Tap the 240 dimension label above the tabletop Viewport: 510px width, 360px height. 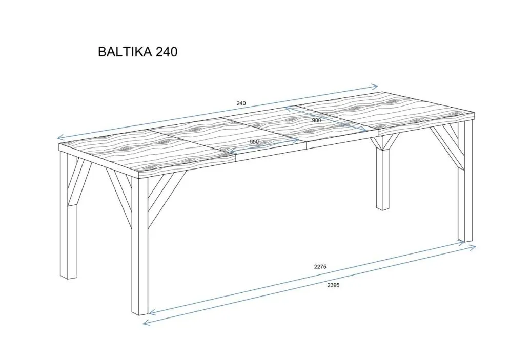pyautogui.click(x=241, y=103)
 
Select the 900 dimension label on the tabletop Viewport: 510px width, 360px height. pyautogui.click(x=316, y=120)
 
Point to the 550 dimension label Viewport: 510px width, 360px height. pyautogui.click(x=254, y=142)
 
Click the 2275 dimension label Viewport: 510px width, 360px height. pyautogui.click(x=320, y=266)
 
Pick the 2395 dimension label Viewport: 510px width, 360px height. pyautogui.click(x=333, y=285)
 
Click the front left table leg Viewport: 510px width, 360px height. pyautogui.click(x=139, y=246)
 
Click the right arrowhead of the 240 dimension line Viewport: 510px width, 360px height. pyautogui.click(x=376, y=87)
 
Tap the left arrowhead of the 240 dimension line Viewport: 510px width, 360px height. pyautogui.click(x=59, y=137)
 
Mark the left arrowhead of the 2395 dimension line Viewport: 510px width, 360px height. pyautogui.click(x=146, y=322)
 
